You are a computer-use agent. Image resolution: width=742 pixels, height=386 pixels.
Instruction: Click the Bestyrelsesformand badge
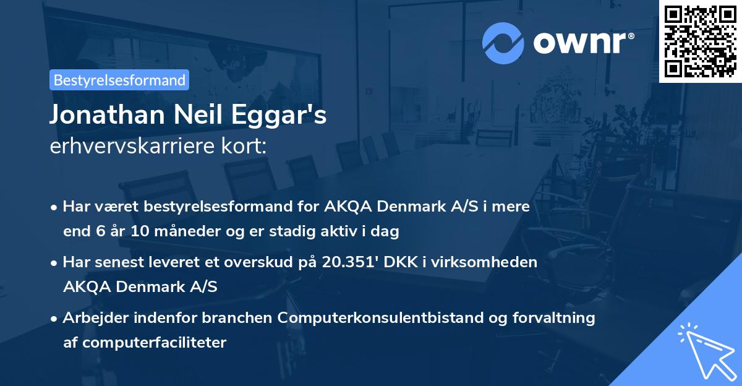click(x=119, y=80)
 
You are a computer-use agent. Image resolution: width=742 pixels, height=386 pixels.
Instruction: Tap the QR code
click(x=701, y=41)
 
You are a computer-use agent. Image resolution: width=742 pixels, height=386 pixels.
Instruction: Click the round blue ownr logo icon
click(x=503, y=43)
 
